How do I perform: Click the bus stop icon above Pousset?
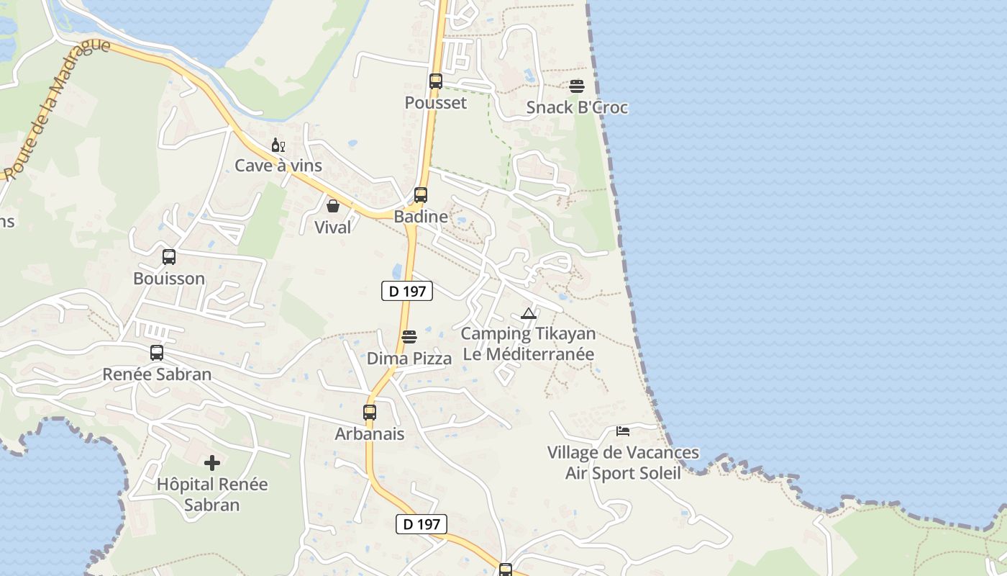click(436, 81)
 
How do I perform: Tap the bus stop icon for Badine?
click(421, 195)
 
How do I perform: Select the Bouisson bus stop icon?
click(169, 257)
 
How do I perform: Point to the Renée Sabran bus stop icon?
click(157, 353)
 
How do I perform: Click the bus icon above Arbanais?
click(370, 413)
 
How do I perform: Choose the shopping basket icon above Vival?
click(333, 206)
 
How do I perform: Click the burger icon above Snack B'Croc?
click(577, 86)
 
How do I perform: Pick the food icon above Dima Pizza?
click(409, 337)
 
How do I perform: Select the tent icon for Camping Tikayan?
click(529, 313)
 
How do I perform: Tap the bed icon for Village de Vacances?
click(623, 431)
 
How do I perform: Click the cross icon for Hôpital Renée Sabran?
click(212, 462)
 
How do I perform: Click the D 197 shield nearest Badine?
click(407, 291)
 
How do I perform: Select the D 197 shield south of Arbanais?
click(422, 524)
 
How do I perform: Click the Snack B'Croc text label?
click(577, 108)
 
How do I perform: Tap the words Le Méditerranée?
click(529, 354)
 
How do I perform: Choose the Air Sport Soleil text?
click(623, 473)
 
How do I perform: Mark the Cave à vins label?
click(278, 166)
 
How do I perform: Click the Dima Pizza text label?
click(409, 359)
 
